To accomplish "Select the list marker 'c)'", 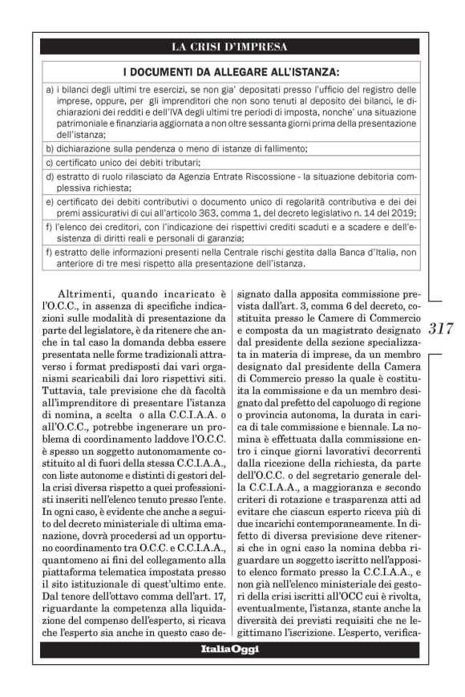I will [x=50, y=163].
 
